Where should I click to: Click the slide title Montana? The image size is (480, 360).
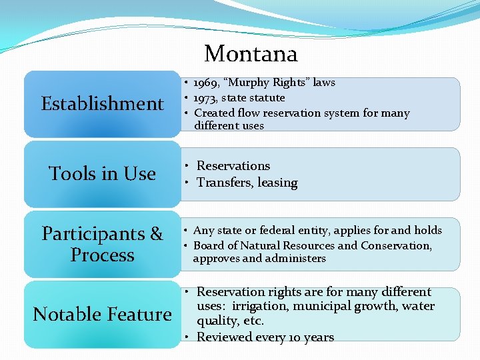[x=251, y=53]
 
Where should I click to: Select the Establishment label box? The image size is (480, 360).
[x=102, y=104]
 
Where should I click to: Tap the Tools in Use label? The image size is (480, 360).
[x=102, y=174]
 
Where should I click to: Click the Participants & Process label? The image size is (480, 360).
[x=102, y=244]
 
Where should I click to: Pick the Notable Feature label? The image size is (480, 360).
[x=102, y=314]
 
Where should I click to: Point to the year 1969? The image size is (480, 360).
[x=205, y=83]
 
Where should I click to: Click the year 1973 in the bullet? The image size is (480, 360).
[x=205, y=98]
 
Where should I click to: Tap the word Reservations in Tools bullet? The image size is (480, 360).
[x=233, y=166]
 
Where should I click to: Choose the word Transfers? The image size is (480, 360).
[x=220, y=183]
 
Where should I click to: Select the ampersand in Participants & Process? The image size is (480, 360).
[x=156, y=234]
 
